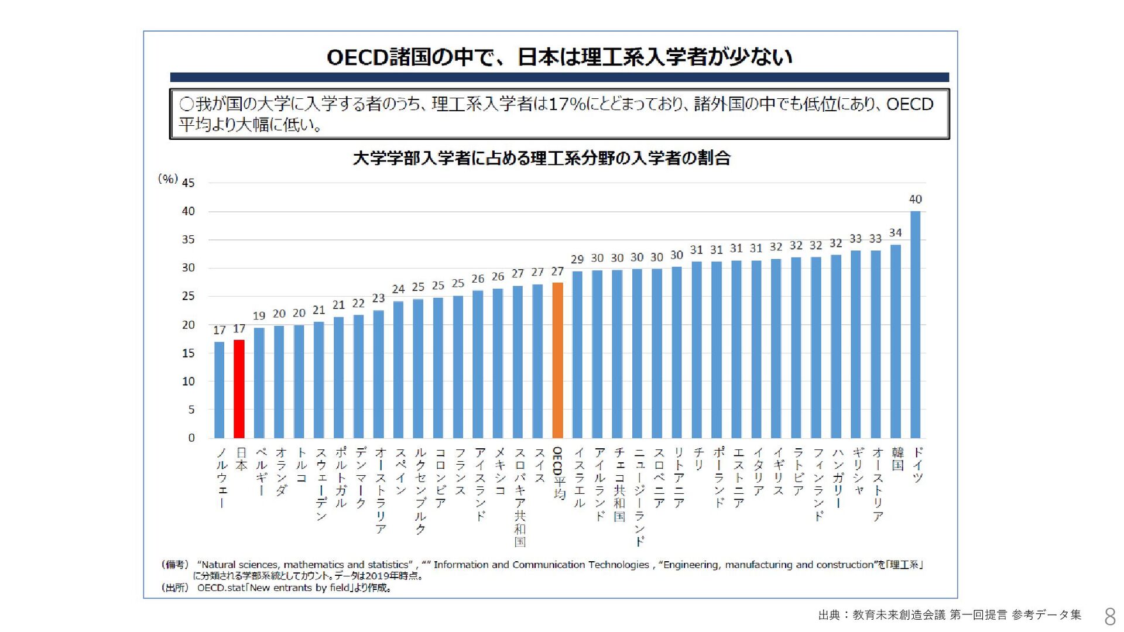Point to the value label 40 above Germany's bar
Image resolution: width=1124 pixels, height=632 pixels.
916,199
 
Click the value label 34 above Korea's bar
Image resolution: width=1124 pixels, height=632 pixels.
896,233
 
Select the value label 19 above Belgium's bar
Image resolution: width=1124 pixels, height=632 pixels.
259,316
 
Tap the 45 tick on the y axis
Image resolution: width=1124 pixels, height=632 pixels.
188,183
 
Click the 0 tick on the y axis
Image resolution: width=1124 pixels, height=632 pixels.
191,438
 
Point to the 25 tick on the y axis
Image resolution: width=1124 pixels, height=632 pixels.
188,296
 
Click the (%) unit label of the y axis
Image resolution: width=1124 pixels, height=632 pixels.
168,179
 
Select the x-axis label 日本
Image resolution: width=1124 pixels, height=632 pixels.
241,459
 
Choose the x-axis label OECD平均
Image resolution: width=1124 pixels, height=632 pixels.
558,473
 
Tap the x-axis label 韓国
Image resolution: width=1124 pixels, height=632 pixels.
897,459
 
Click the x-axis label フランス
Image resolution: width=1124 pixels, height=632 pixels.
460,472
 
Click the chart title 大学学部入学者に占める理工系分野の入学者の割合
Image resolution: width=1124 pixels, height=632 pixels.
542,158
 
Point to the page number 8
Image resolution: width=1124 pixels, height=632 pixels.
1109,616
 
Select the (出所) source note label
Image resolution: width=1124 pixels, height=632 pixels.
175,588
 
